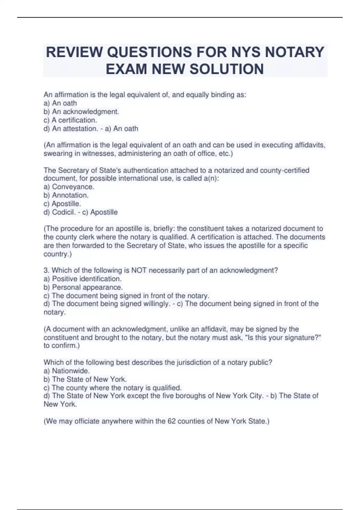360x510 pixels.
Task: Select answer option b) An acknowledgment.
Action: (x=81, y=112)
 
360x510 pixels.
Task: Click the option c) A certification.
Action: (x=70, y=120)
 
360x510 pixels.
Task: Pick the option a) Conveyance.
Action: (x=69, y=187)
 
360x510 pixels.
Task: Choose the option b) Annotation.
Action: (x=66, y=195)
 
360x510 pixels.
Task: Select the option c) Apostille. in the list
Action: (x=62, y=204)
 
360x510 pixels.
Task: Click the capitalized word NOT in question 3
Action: (x=139, y=270)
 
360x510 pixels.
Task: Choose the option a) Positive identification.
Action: (x=82, y=279)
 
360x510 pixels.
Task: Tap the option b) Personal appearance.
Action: (x=83, y=287)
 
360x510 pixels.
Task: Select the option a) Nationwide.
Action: (x=67, y=370)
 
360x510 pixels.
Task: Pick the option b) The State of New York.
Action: (x=85, y=379)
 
